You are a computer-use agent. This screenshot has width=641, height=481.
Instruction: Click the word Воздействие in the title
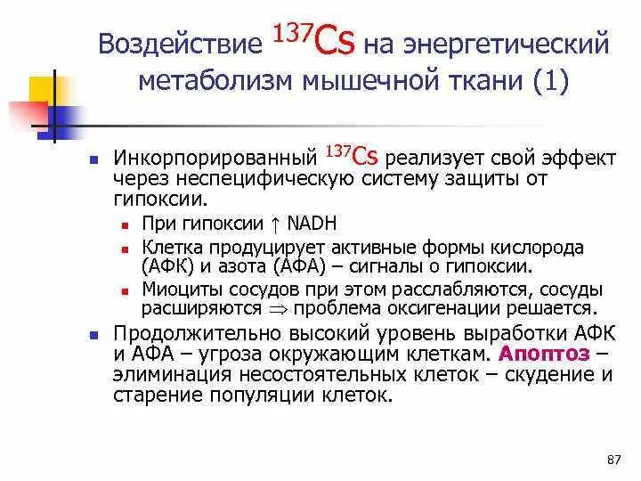tap(173, 45)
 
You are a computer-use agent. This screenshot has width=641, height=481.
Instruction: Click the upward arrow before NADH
tap(277, 224)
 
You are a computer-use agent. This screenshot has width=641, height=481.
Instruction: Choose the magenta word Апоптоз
tap(545, 352)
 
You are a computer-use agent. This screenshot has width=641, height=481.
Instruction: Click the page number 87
tap(612, 460)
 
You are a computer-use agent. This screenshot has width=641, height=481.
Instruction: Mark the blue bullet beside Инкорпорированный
tap(92, 159)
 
